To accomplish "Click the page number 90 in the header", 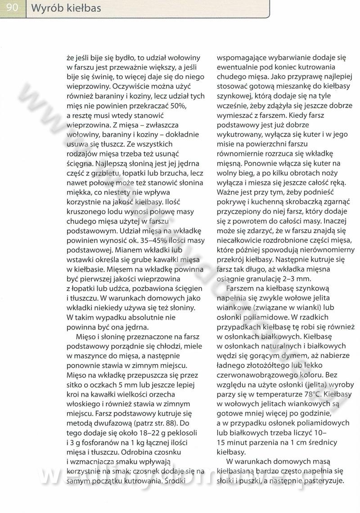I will [x=12, y=8].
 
